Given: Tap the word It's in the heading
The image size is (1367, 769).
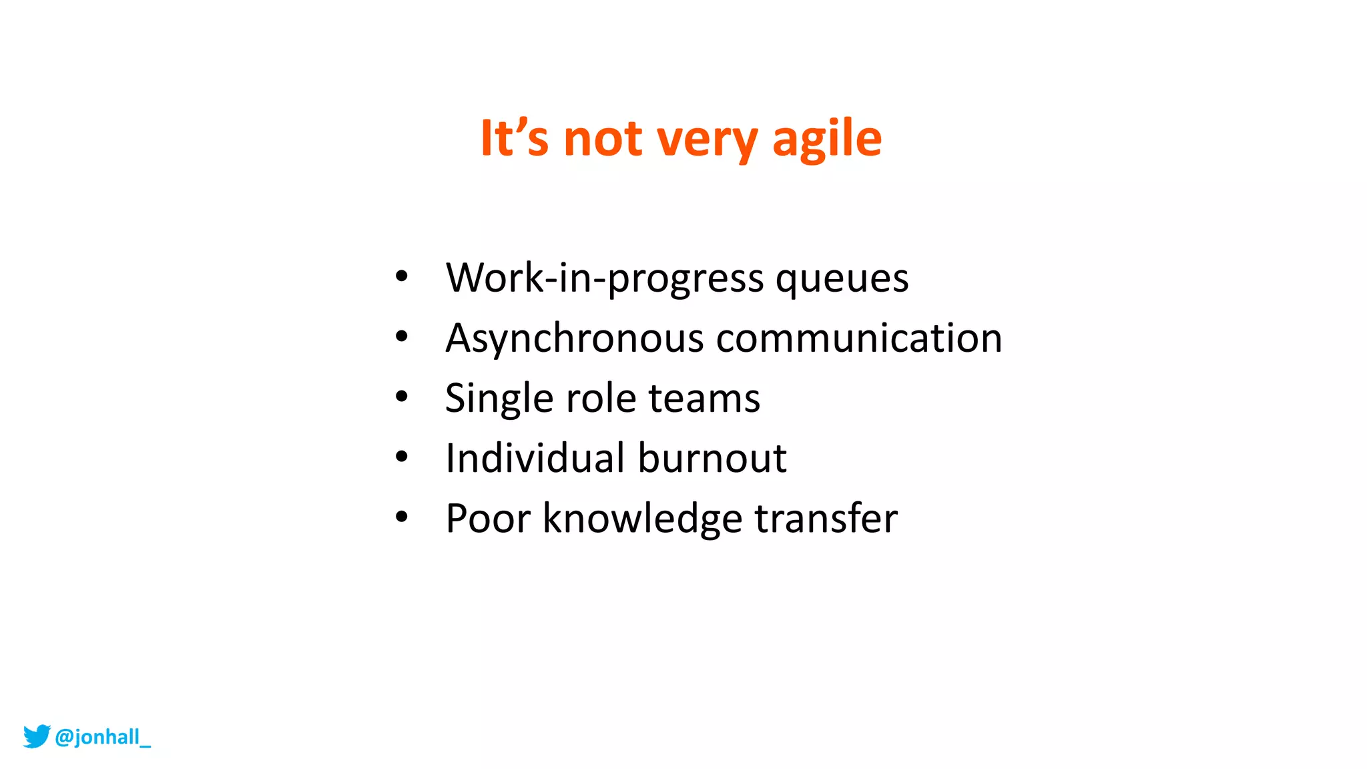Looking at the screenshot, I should tap(514, 139).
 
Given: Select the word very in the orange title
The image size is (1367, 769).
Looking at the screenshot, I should tap(707, 140).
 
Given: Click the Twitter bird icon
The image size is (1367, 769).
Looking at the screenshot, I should tap(37, 736).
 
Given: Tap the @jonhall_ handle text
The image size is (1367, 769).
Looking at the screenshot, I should tap(103, 737).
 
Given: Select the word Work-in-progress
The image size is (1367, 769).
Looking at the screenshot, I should tap(604, 279).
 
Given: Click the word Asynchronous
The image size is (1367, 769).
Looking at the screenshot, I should tap(574, 339).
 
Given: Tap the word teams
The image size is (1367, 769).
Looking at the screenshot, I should tap(704, 399).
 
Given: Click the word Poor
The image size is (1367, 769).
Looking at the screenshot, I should tap(488, 519).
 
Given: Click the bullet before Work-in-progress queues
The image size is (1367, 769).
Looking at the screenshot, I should tap(401, 276).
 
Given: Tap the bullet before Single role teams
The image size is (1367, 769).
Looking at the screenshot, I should tap(401, 397).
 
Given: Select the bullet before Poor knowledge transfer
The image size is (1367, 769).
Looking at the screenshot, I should tap(401, 516).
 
